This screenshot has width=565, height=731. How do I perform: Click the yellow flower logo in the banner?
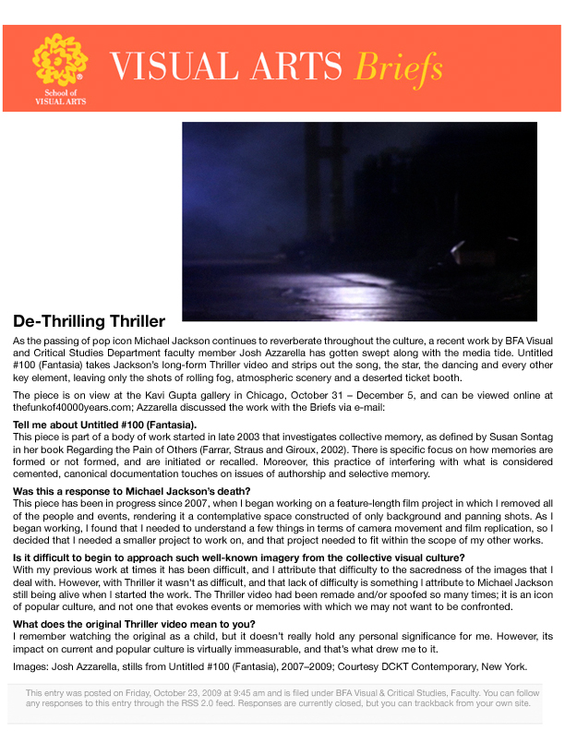coord(60,61)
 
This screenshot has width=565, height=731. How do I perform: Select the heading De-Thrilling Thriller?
coord(90,322)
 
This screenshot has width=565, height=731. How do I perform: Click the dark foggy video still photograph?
coord(359,222)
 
